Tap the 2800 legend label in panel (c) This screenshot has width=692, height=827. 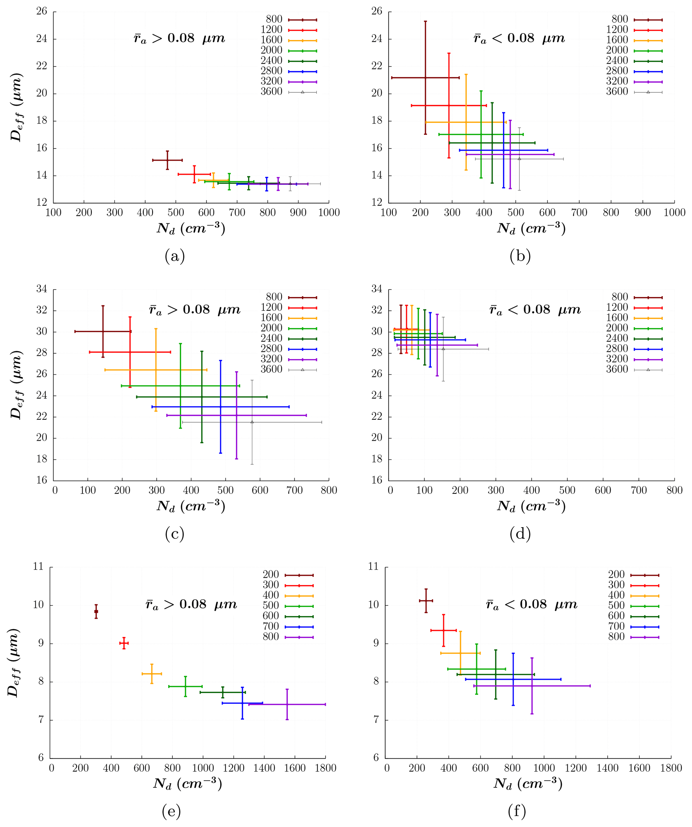[x=271, y=349]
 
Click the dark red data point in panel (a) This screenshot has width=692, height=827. [x=167, y=160]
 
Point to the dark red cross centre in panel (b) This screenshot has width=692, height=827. [x=426, y=78]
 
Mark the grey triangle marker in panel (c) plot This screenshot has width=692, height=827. [x=252, y=422]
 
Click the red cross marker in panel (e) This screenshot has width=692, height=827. [x=124, y=643]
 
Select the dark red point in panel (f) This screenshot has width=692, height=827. [x=426, y=601]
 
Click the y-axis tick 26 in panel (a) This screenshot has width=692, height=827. [x=42, y=11]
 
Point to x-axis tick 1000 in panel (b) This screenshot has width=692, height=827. [x=674, y=213]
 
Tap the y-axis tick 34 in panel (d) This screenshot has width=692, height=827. [x=377, y=289]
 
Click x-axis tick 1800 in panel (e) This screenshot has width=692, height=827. [x=325, y=768]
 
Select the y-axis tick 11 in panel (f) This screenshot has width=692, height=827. [x=373, y=567]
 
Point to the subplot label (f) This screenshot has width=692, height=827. [x=517, y=811]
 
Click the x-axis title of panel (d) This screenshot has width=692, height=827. [x=531, y=506]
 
